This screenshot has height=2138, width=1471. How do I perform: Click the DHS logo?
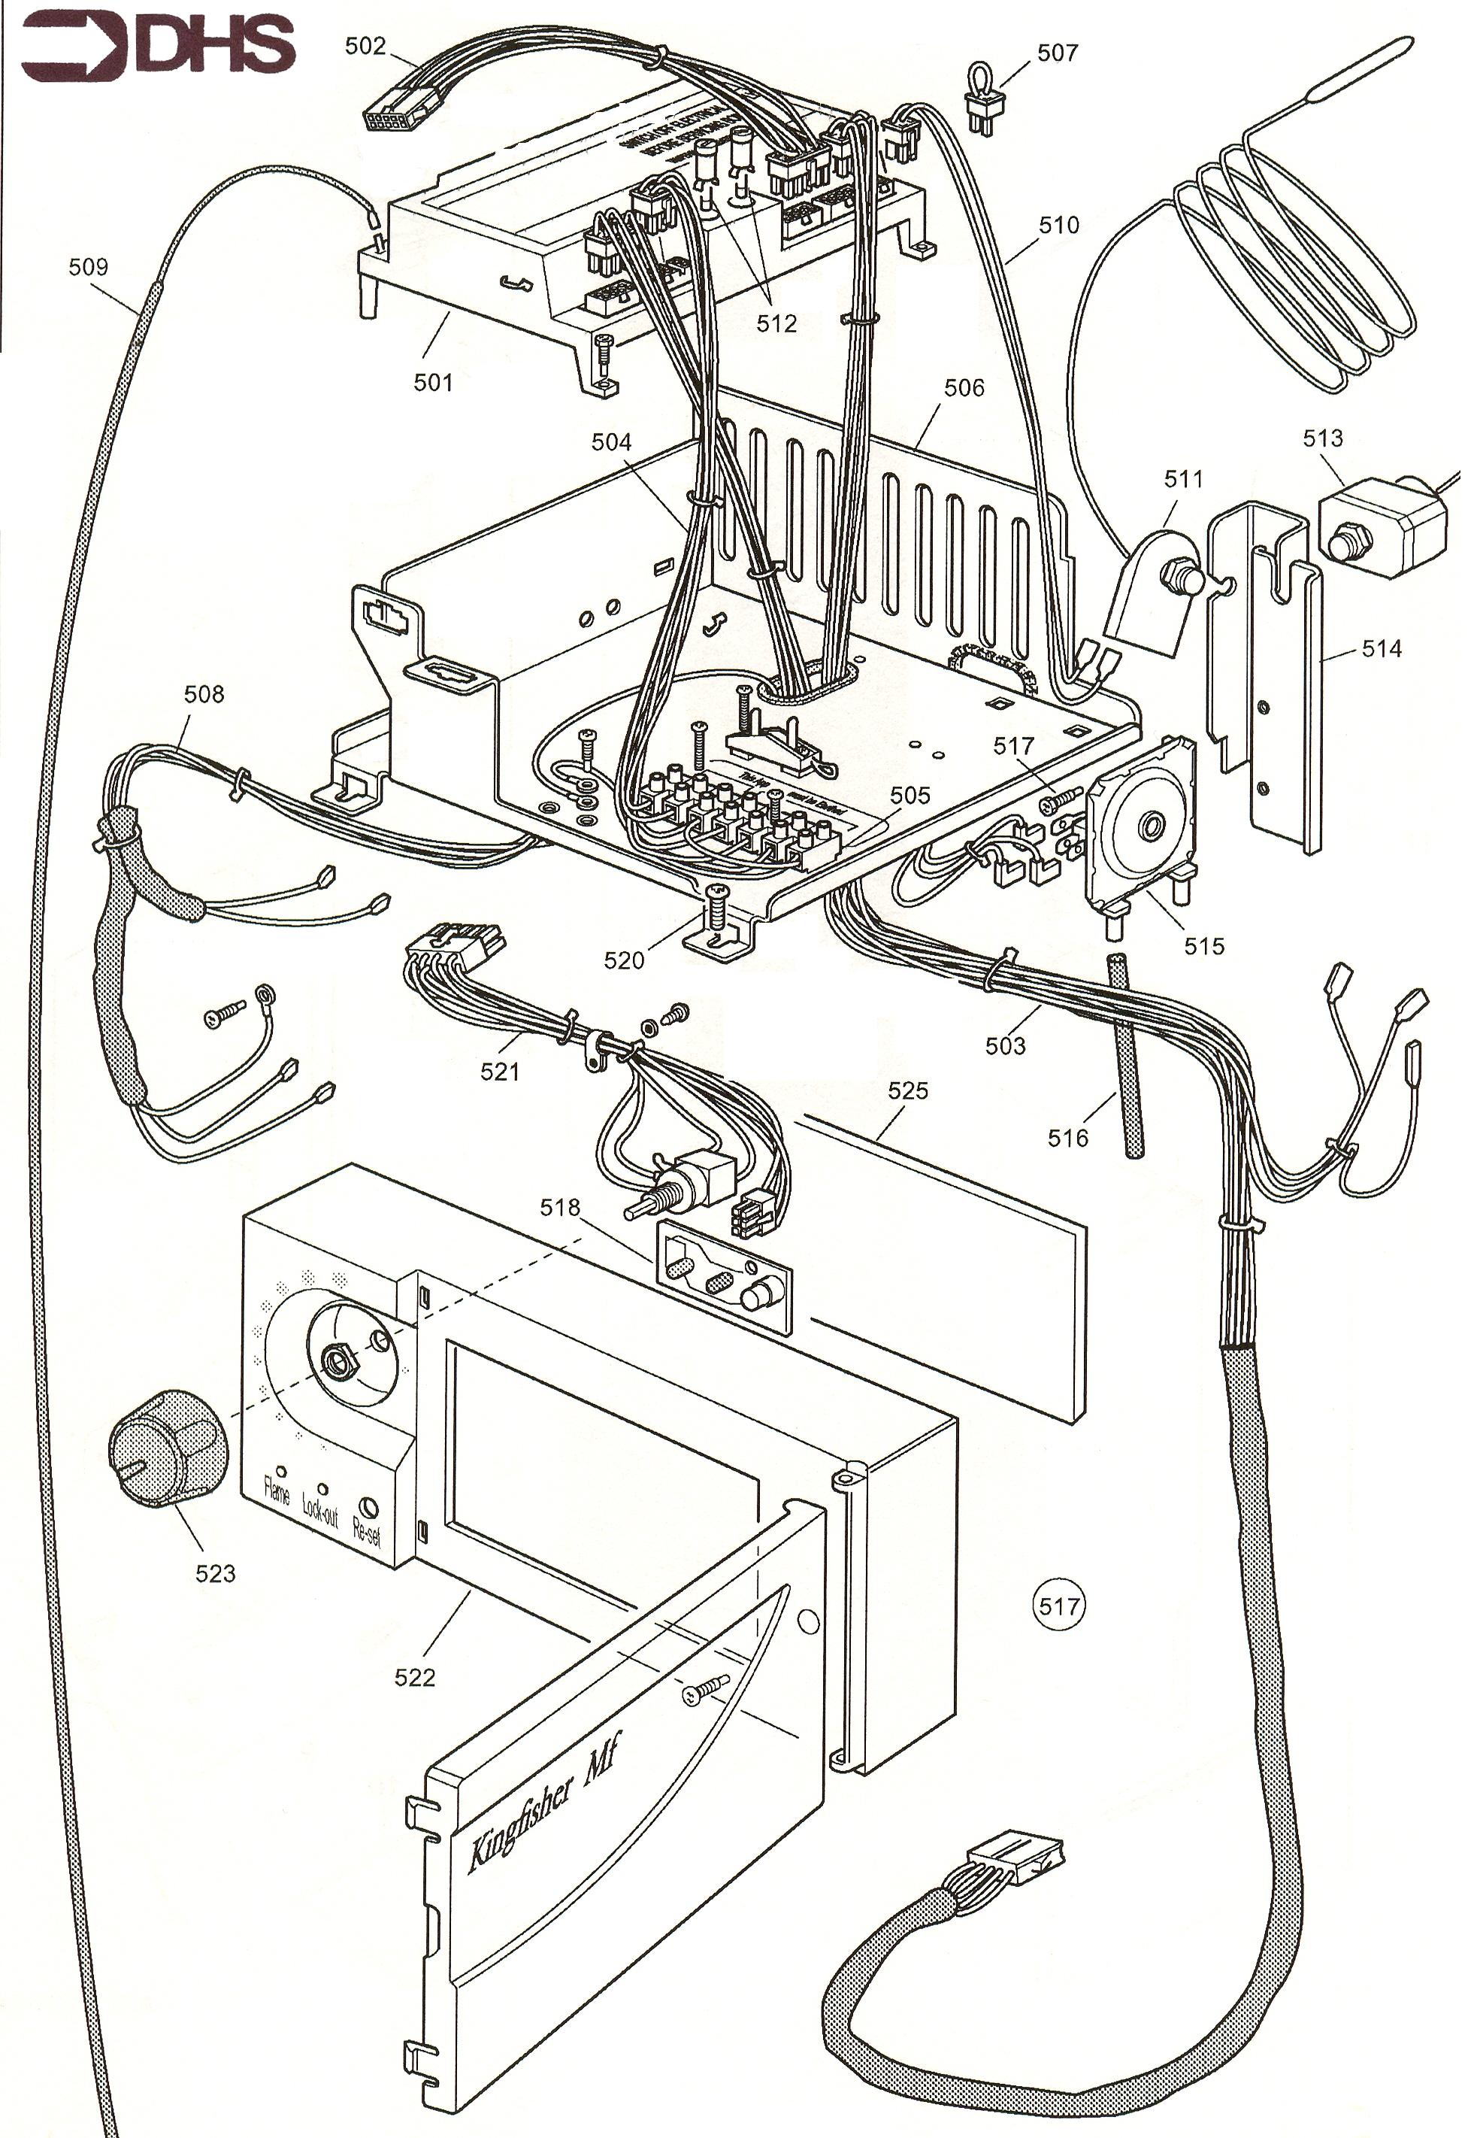pos(156,46)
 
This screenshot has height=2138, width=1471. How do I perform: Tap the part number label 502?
pos(365,46)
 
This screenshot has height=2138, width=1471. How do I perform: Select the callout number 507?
pos(1057,53)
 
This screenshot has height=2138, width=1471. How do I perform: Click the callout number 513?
pos(1323,439)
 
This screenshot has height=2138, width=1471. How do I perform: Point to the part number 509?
pos(89,268)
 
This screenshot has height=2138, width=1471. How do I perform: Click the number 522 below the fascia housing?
pos(415,1677)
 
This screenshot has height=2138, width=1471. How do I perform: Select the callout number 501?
pos(433,382)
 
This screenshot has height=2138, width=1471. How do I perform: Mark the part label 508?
pos(204,694)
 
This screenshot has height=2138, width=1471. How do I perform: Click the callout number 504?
pos(611,442)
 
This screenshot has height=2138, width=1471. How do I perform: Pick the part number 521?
pos(500,1072)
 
